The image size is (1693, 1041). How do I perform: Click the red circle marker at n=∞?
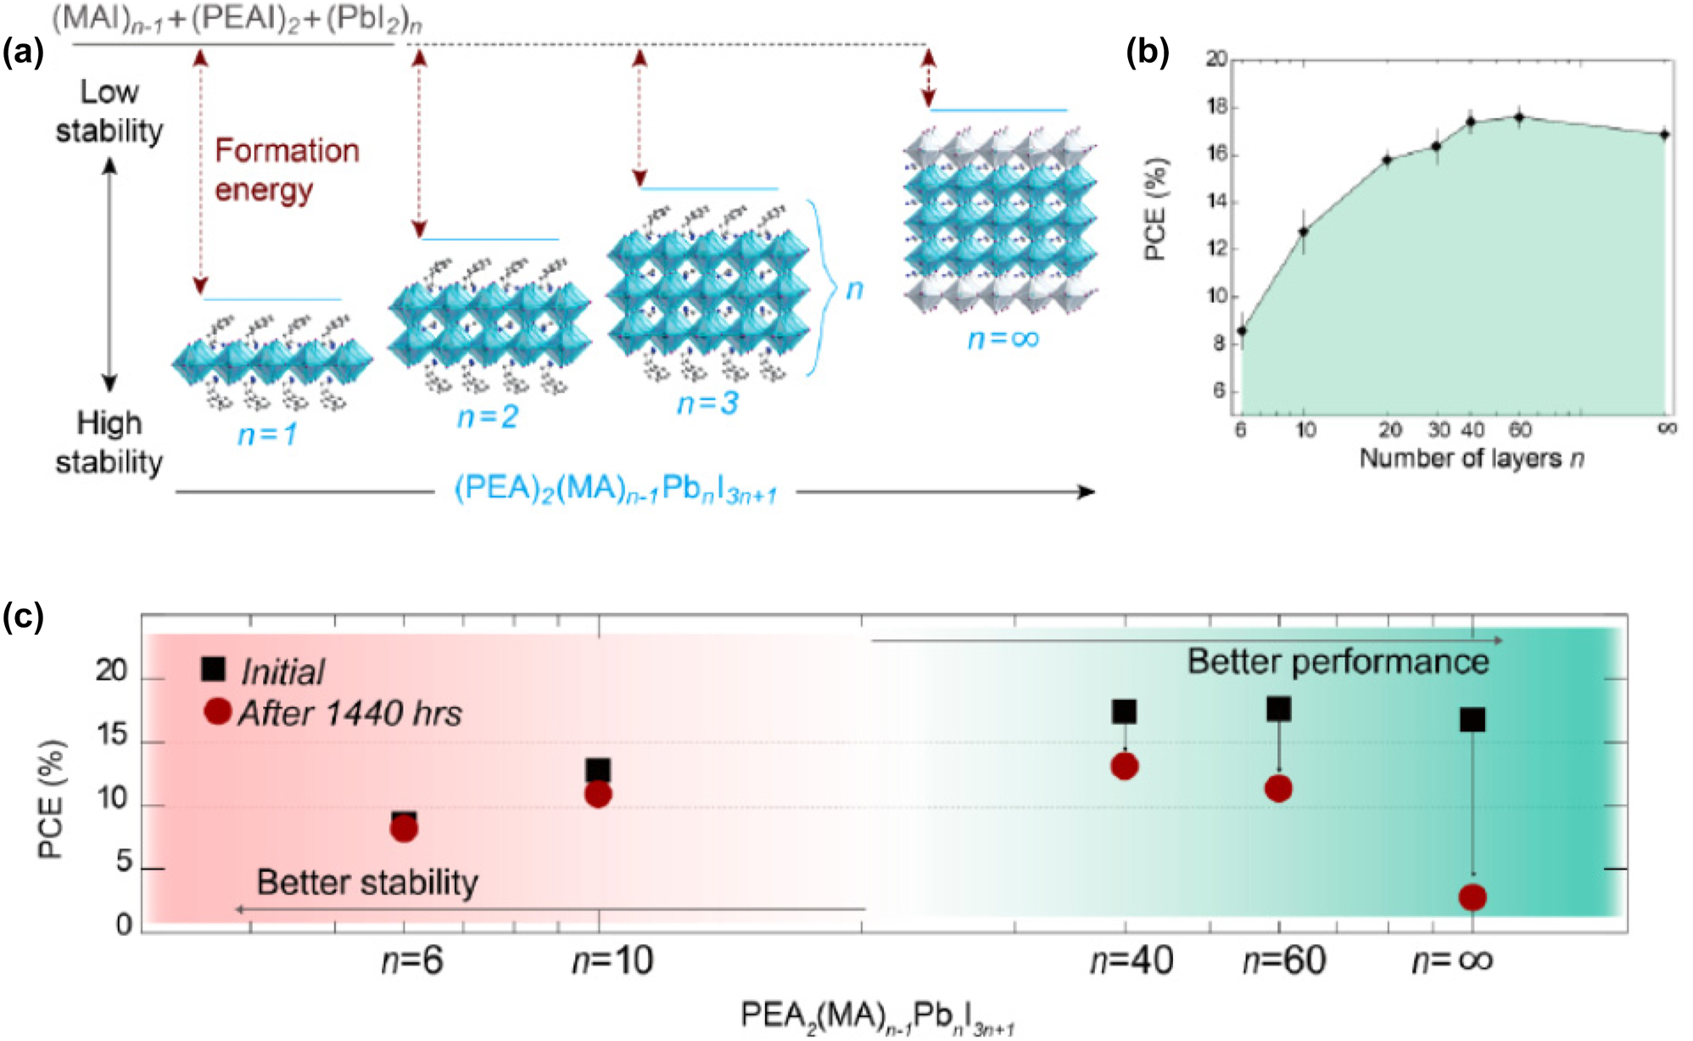1472,897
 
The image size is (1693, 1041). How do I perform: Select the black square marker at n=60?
1278,708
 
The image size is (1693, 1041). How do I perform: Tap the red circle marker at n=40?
1124,766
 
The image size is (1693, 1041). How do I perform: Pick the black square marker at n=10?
598,770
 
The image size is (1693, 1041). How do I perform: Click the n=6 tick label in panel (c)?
412,960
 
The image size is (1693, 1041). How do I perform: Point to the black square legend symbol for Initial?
213,669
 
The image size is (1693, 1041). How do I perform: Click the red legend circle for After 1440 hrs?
218,711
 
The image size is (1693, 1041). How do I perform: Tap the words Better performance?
1337,662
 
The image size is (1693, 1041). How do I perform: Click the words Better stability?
367,882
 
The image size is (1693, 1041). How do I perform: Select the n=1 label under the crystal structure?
267,434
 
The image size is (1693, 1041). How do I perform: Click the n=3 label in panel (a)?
707,403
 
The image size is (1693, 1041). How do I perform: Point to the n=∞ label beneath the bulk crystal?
1003,339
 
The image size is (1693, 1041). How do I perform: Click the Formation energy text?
287,170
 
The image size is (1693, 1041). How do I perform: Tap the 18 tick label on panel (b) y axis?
1216,107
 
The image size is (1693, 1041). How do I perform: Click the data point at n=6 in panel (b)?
1242,331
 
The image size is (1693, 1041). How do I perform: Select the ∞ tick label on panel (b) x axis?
1667,428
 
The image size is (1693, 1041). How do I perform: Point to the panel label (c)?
23,617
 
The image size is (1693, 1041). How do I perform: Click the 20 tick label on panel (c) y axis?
111,671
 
